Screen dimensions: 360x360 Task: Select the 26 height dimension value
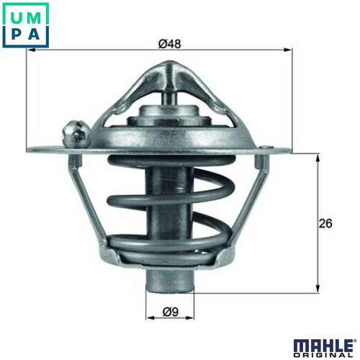[x=325, y=223]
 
